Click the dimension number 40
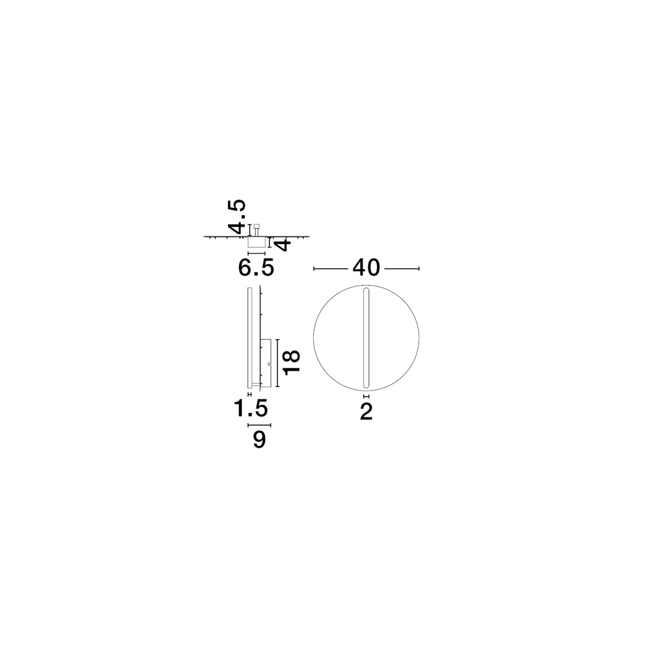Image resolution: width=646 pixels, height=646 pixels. pos(366,268)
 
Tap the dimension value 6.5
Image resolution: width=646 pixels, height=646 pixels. pos(256,267)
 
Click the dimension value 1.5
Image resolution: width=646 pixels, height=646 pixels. pos(251,408)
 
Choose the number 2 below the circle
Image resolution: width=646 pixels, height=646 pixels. pos(366,412)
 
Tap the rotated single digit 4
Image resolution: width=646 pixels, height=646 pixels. pos(283,245)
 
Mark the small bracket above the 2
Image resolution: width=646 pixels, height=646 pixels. pos(366,396)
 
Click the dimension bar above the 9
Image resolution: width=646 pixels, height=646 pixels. pos(260,425)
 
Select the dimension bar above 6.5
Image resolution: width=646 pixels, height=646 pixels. pos(256,254)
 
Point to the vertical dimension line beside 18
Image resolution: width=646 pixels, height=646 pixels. pos(277,363)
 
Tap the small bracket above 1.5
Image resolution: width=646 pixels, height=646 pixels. pos(250,393)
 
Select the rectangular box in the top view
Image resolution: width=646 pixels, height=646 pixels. pos(256,242)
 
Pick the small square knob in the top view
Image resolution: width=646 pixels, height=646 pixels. pos(257,226)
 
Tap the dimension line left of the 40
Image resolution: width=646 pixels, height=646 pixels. pos(331,268)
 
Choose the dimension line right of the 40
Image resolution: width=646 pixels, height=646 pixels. pos(402,268)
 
